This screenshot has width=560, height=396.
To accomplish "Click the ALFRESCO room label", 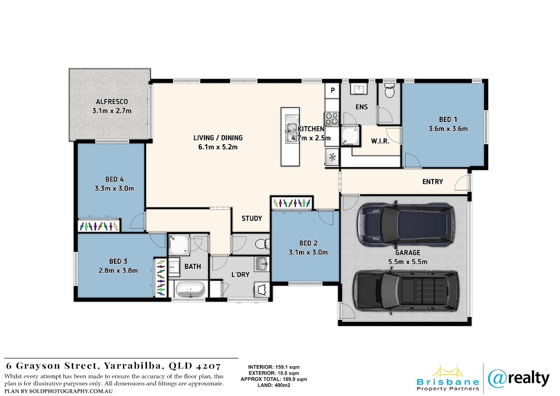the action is (x=112, y=102).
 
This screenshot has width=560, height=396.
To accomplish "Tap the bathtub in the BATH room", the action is (x=190, y=290).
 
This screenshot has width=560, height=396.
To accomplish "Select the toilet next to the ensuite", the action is (x=389, y=91).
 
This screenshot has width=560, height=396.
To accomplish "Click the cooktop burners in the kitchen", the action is (x=331, y=119).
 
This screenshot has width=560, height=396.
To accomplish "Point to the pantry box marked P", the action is (x=332, y=90).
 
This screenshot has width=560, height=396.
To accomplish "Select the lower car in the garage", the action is (x=406, y=292).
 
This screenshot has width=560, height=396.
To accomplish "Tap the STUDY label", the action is (x=252, y=219).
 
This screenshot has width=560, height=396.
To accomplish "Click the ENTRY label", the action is (x=433, y=182).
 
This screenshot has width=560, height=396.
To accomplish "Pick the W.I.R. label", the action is (x=380, y=141).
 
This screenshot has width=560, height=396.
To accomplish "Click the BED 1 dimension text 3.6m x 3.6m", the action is (x=448, y=129).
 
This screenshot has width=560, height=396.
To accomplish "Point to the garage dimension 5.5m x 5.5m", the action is (x=407, y=262).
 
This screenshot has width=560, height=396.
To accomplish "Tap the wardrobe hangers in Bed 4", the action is (x=98, y=226).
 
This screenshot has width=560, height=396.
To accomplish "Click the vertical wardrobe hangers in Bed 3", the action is (x=160, y=278).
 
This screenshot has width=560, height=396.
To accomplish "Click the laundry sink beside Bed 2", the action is (x=261, y=264).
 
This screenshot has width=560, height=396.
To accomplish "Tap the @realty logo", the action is (x=518, y=379).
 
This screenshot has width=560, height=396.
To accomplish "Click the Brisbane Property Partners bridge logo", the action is (x=448, y=378).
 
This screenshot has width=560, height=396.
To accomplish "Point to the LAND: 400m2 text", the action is (x=274, y=385).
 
